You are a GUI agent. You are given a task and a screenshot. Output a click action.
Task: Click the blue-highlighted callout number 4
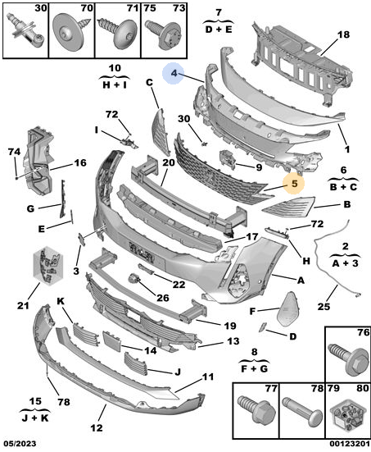pos(174,73)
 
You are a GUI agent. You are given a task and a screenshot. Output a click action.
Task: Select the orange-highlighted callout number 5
pos(294,183)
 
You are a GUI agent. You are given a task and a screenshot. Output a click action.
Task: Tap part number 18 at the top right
pos(343,34)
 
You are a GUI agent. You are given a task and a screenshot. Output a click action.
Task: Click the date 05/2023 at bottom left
pos(20,443)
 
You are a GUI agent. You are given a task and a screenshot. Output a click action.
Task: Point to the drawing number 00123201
pos(350,443)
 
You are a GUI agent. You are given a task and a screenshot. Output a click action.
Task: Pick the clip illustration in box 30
pos(26,30)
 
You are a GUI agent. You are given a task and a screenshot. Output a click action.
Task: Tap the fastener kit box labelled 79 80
pos(348,416)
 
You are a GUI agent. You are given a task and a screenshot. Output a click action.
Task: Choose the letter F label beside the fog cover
pos(252,312)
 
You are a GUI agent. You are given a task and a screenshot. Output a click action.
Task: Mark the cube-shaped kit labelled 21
pos(48,265)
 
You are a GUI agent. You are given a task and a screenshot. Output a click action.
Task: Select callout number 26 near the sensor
pos(163,298)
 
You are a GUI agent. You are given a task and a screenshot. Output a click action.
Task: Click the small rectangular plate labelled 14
pos(111,341)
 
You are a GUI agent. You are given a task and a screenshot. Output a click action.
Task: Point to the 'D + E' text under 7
pos(219,29)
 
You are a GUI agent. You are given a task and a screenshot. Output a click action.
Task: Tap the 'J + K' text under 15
pos(35,418)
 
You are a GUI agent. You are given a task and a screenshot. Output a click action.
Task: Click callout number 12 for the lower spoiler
pos(97,427)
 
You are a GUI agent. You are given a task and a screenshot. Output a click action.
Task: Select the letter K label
pos(61,302)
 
